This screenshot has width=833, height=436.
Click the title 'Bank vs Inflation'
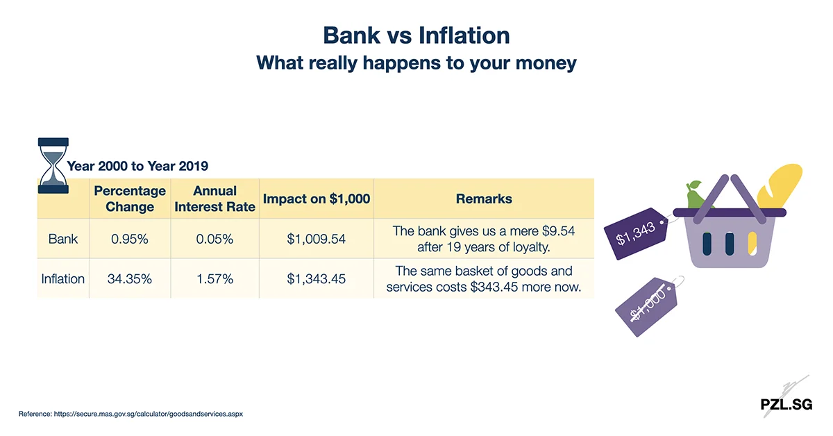tap(416, 35)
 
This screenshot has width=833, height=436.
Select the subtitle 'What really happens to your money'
tap(416, 62)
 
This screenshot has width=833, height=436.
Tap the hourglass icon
tap(53, 165)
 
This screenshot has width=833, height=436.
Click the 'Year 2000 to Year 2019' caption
tap(137, 167)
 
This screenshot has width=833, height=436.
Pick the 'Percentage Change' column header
tap(130, 199)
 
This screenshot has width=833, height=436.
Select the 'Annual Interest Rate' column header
tap(214, 199)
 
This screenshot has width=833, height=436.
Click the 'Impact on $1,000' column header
tap(316, 199)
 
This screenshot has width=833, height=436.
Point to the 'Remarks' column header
tap(483, 199)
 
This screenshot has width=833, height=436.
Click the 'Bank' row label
tap(63, 239)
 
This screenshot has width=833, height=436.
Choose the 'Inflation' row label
tap(63, 278)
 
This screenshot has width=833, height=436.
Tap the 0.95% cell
tap(130, 239)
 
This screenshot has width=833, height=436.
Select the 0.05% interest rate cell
tap(214, 239)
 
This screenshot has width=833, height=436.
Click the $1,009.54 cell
tap(316, 239)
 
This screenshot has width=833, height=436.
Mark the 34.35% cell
tap(130, 278)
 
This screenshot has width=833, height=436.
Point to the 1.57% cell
tap(214, 278)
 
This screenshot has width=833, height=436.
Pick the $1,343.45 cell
tap(316, 278)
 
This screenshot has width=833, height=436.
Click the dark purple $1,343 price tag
tap(636, 234)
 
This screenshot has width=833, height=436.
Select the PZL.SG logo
tap(786, 404)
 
